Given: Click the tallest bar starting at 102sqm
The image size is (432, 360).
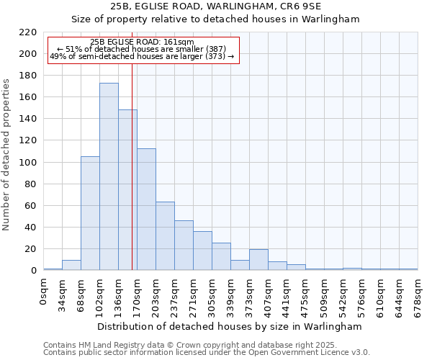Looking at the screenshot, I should coord(109,176).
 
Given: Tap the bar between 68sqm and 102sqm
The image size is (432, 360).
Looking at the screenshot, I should coord(90,213).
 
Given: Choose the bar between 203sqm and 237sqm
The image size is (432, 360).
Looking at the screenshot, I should coord(165,236).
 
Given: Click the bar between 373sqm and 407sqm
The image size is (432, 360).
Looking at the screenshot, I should coord(258,260).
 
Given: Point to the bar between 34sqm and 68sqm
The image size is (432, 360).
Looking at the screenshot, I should coord(71,265).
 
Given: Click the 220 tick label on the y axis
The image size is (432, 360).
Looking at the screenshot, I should coord(28,32).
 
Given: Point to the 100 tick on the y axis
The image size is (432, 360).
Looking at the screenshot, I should coord(28,163).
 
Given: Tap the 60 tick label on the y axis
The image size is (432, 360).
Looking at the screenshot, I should coord(31,206).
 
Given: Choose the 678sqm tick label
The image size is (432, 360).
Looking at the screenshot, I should coord(418,294).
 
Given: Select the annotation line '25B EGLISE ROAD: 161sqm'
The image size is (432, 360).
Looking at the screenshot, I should coord(143,42).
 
